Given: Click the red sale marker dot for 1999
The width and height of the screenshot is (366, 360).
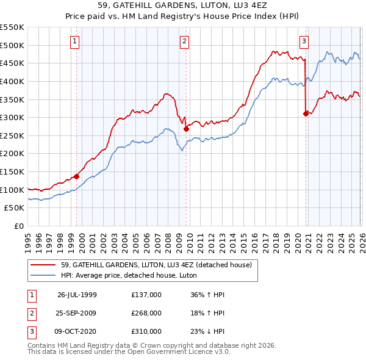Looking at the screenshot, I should point(77,176).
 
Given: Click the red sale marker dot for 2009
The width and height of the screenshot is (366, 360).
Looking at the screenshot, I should point(186,129).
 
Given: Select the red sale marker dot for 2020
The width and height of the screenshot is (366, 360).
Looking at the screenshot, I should point(305,113).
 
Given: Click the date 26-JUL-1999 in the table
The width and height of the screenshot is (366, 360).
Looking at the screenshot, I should point(77,294).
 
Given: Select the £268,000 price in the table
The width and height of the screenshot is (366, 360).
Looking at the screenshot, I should point(146,313).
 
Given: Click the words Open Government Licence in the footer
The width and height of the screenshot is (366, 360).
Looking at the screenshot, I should point(171,353).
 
